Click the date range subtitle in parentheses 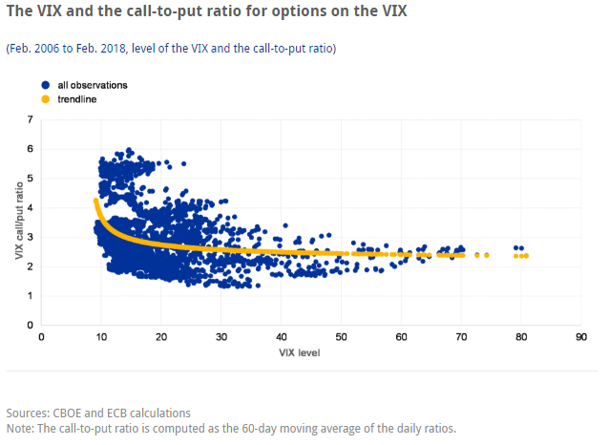point(171,48)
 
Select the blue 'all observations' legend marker point(46,85)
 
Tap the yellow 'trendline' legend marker point(46,98)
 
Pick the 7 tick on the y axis point(31,119)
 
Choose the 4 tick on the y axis point(31,207)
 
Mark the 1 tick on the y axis point(31,296)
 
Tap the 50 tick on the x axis point(341,337)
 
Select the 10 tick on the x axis point(101,337)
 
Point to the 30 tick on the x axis point(221,337)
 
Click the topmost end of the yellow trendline point(95,201)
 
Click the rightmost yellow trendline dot point(552,255)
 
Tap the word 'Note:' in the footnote point(21,428)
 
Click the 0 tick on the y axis point(31,326)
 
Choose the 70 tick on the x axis point(461,337)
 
